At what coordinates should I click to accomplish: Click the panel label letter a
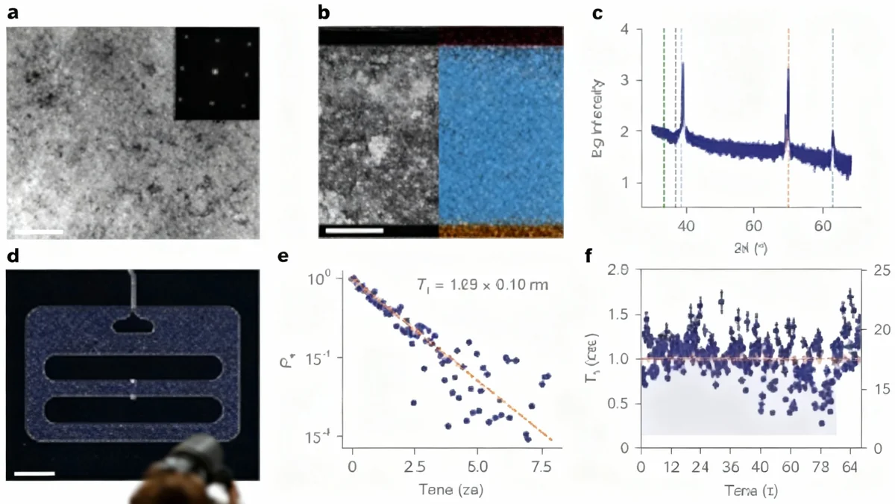(13, 13)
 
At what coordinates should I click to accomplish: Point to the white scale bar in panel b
(354, 230)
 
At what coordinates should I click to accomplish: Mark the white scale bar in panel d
(34, 473)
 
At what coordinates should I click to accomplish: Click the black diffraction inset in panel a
(216, 73)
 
